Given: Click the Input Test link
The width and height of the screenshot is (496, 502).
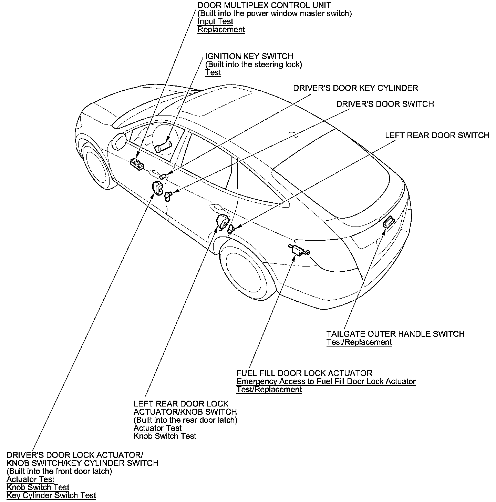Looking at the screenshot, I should [215, 21].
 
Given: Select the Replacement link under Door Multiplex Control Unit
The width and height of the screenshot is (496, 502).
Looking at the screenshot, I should [221, 30].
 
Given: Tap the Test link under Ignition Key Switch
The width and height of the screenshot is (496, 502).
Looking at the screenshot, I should [213, 72].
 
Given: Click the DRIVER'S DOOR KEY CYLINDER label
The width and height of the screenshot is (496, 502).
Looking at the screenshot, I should [355, 88].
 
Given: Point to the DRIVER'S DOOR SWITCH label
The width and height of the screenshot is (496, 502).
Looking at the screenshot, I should [385, 104].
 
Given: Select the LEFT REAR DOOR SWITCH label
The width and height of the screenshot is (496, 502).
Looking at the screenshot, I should [437, 135].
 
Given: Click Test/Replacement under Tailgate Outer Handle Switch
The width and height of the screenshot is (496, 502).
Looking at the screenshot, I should [359, 342].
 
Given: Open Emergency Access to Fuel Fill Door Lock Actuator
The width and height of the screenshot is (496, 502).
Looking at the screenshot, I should [326, 381].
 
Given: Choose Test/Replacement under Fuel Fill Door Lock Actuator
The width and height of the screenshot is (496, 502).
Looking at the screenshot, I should [269, 390].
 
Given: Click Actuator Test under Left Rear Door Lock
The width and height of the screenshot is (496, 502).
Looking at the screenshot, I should [157, 428].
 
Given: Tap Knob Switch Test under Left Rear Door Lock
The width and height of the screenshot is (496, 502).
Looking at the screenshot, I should [165, 436].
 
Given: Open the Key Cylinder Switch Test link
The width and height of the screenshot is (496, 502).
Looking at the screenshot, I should [51, 495].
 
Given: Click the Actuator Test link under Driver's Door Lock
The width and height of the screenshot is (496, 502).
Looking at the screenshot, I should [30, 479].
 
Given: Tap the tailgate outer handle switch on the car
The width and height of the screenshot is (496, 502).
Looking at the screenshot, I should [389, 222].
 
